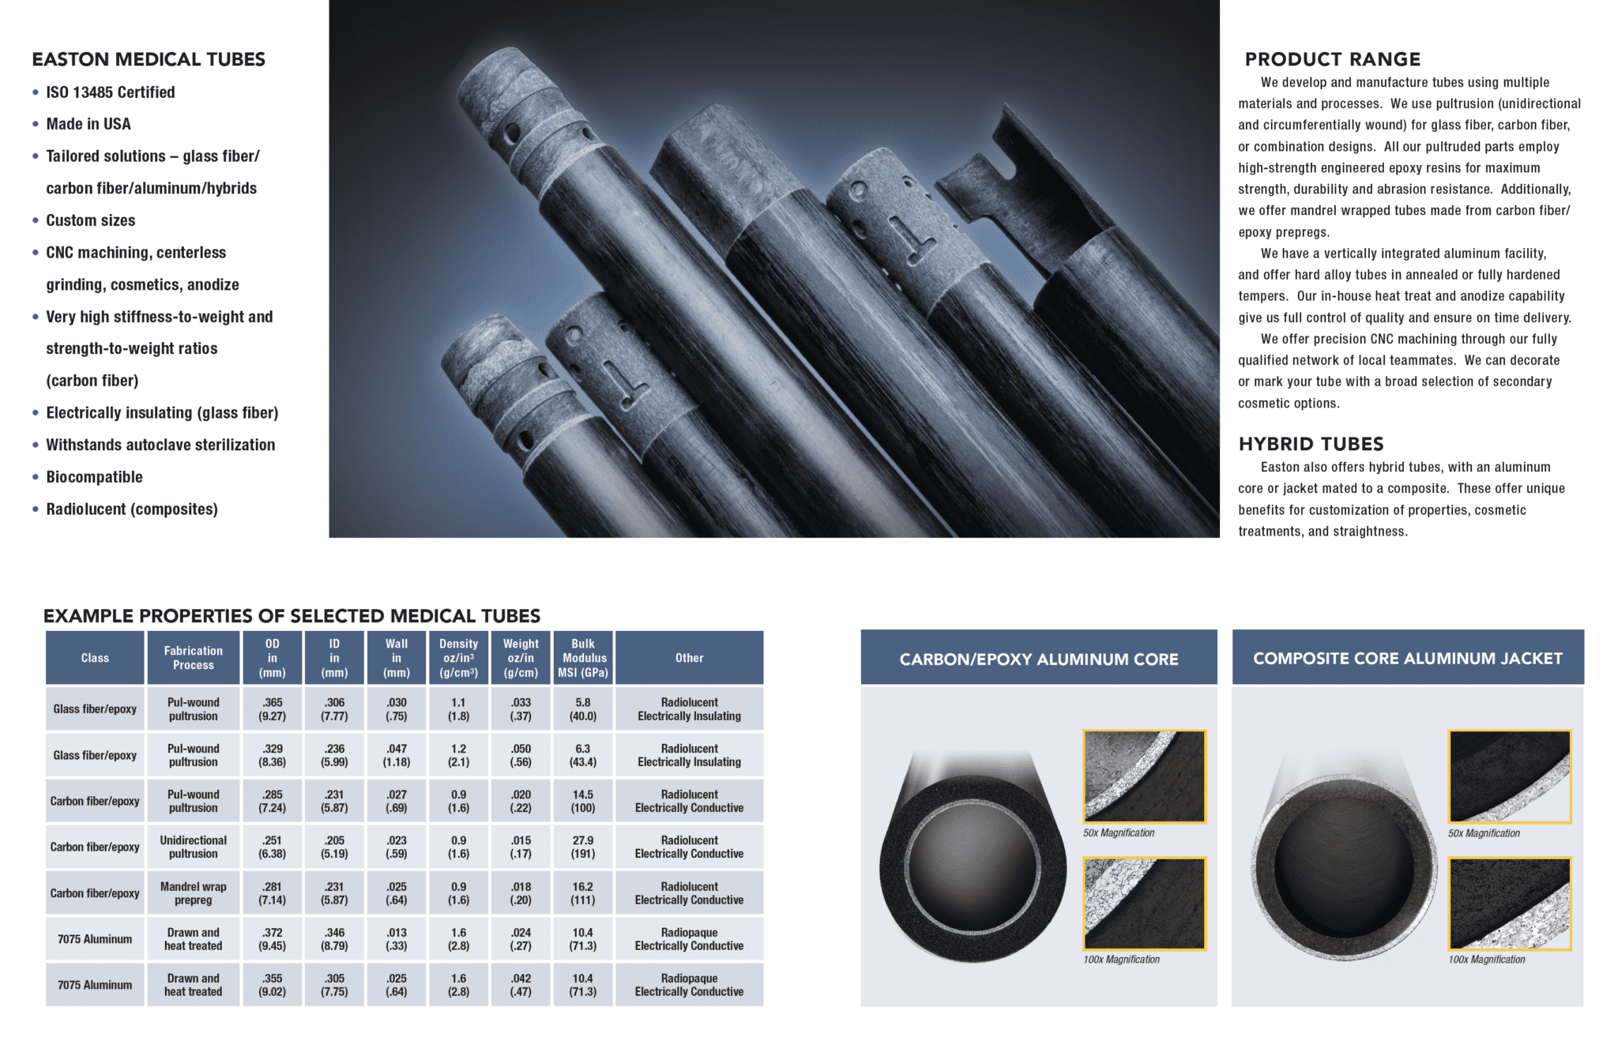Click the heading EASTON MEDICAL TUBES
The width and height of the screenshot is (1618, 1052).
point(149,59)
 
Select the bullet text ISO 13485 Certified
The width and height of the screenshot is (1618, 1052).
point(110,92)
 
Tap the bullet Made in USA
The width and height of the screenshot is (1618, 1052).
point(88,124)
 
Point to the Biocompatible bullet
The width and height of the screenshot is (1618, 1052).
point(94,477)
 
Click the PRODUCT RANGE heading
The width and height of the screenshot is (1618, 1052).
point(1332,59)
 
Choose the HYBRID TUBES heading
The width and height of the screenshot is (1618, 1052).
point(1311,444)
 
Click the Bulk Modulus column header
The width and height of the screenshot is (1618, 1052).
point(583,658)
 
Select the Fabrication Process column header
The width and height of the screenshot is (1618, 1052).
point(193,658)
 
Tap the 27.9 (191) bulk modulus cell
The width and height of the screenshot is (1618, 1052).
point(583,847)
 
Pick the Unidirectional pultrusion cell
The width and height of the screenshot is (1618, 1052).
point(193,847)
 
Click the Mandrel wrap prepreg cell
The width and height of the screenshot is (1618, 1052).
point(193,893)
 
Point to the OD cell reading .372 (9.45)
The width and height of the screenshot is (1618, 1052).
point(273,939)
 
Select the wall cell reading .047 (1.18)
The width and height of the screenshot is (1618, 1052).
point(397,755)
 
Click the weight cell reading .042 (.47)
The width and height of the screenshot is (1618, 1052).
point(521,985)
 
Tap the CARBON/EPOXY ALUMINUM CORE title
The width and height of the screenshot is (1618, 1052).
point(1038,659)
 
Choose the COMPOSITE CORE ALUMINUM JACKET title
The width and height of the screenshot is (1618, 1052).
point(1407,658)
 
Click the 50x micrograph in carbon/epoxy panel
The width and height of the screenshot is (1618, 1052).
point(1144,776)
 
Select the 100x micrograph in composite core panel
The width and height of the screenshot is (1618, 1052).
point(1509,904)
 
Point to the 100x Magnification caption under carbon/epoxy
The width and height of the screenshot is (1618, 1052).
point(1121,960)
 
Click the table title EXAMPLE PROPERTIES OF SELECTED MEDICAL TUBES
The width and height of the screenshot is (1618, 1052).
point(292,616)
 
